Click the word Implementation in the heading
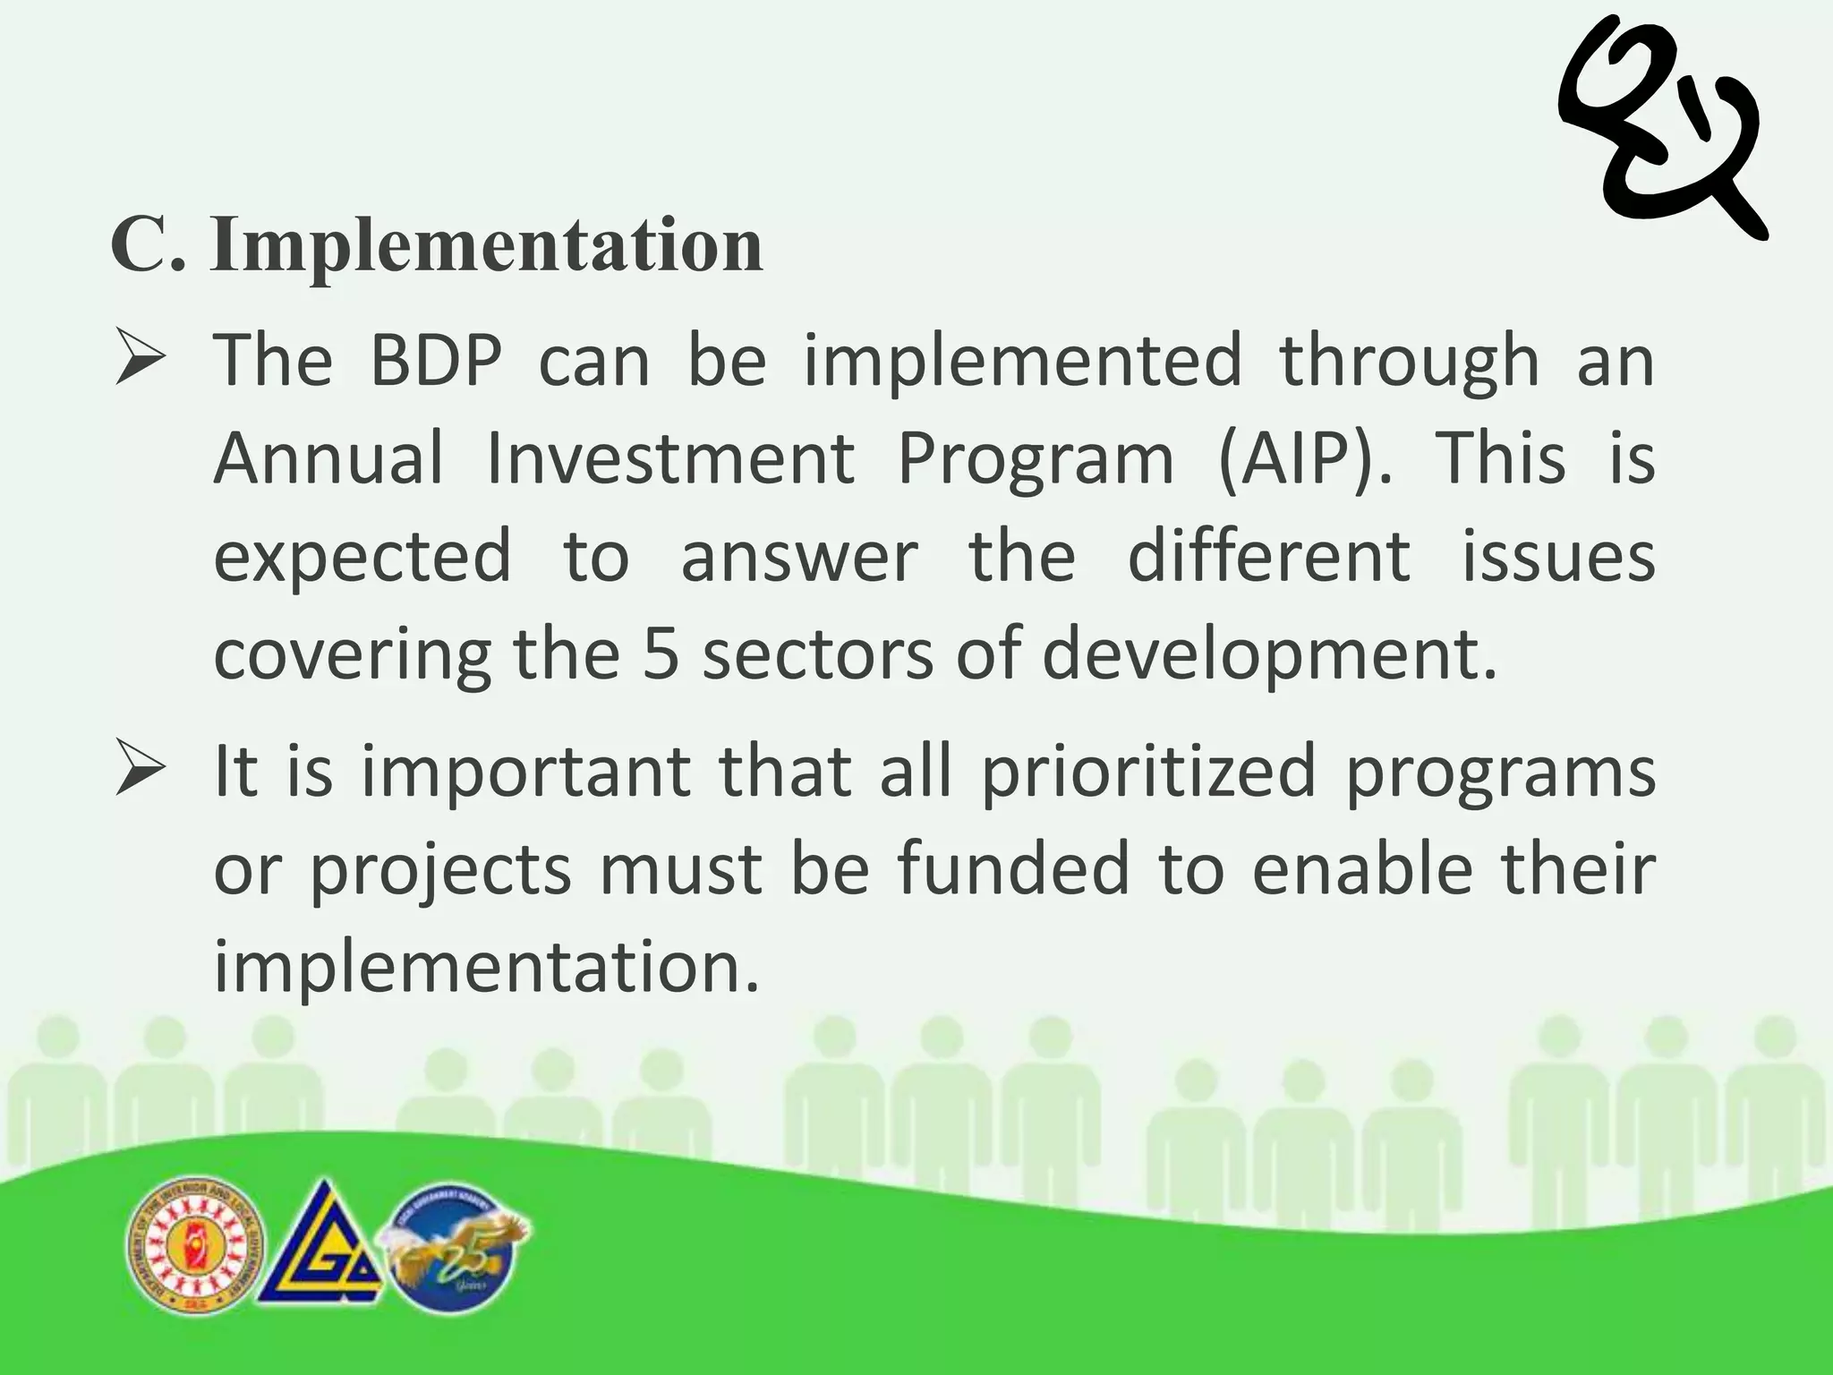tap(487, 246)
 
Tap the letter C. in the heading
tap(148, 246)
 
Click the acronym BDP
tap(436, 362)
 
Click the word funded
tap(1012, 870)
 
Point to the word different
tap(1269, 557)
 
